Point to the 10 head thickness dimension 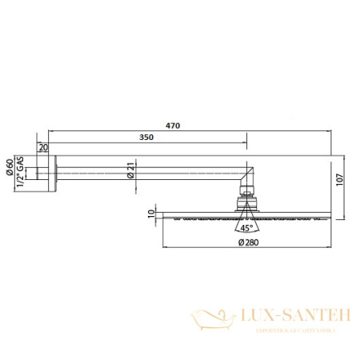click(x=152, y=214)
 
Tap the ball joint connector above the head click(x=246, y=197)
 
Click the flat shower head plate click(x=246, y=215)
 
